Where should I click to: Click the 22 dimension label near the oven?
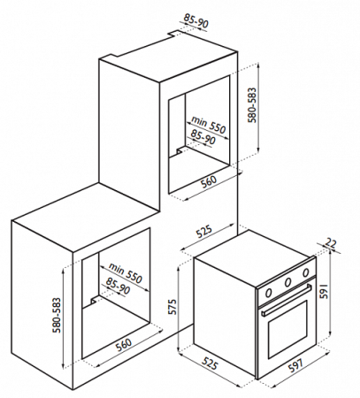coord(331,243)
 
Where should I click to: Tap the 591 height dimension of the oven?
coord(325,291)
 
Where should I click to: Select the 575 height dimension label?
coord(172,307)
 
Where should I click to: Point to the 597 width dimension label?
coord(295,364)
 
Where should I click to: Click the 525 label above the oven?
coord(204,232)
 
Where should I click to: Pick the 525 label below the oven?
coord(210,364)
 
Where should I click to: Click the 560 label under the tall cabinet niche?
coord(209,181)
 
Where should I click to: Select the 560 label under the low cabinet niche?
coord(123,345)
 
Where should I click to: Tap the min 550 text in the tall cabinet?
coord(209,125)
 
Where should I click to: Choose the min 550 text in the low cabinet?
coord(126,272)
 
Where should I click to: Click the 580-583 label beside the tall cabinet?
coord(252,105)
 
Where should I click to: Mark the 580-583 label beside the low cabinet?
coord(57,315)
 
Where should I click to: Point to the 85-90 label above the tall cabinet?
coord(196,20)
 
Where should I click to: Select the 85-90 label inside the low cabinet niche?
coord(118,286)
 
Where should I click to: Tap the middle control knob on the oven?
coord(287,282)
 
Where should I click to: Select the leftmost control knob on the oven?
coord(268,293)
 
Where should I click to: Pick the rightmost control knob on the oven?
coord(306,272)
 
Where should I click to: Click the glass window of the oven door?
coord(287,329)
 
